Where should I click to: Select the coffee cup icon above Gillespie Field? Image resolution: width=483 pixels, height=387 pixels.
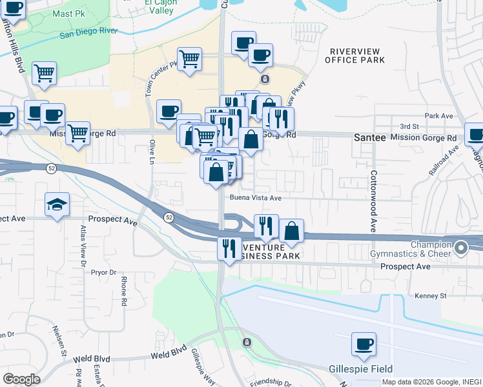[364, 344]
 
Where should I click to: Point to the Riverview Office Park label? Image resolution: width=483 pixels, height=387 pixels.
[356, 55]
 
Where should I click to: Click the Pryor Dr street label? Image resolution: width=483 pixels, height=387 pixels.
[103, 272]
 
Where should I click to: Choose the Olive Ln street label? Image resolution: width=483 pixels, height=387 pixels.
[153, 151]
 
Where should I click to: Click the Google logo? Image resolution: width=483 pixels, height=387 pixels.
[21, 379]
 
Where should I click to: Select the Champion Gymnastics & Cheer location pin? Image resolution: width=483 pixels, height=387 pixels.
[460, 248]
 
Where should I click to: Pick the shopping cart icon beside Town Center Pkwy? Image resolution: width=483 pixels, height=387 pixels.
[189, 59]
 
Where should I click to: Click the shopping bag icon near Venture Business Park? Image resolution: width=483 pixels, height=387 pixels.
[292, 231]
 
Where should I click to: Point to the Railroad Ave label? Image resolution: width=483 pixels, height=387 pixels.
[444, 161]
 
